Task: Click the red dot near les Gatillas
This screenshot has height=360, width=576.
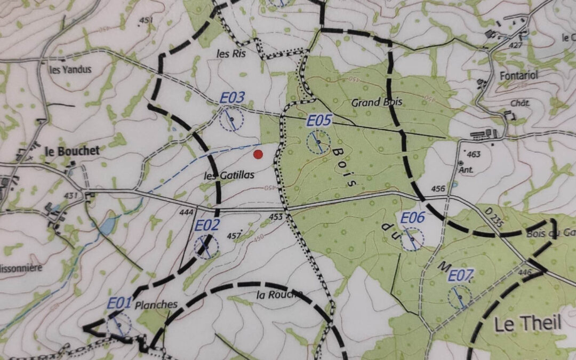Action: pos(258,155)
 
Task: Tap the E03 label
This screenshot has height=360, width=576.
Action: pos(233,98)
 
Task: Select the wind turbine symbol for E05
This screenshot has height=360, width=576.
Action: pos(318,142)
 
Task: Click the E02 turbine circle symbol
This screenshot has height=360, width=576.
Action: pos(206,247)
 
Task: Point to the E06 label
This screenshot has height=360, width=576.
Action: pos(412,218)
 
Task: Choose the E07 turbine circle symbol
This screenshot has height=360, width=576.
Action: pos(459,297)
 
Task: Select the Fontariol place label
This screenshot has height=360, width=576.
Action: pos(517,76)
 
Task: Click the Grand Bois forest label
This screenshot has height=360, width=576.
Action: pos(377,102)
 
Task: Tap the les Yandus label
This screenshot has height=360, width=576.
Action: pos(70,69)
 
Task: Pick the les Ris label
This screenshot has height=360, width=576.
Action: pos(230,53)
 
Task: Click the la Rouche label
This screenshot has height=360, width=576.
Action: pos(279,294)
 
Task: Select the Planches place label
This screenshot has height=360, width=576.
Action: pos(156,305)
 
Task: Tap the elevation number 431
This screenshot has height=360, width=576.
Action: pos(70,196)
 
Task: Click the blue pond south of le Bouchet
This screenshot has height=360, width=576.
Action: pos(107,226)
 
